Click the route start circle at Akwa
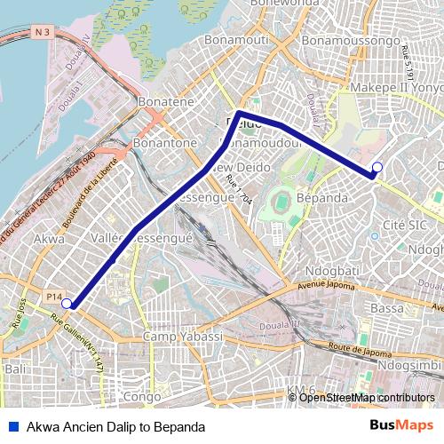pyautogui.click(x=67, y=303)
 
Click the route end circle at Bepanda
pyautogui.click(x=377, y=167)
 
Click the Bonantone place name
pyautogui.click(x=164, y=142)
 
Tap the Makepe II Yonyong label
pyautogui.click(x=396, y=89)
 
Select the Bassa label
pyautogui.click(x=387, y=308)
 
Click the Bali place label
pyautogui.click(x=15, y=368)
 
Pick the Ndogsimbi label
pyautogui.click(x=409, y=365)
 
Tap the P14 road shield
pyautogui.click(x=54, y=296)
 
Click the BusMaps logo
pyautogui.click(x=401, y=426)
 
